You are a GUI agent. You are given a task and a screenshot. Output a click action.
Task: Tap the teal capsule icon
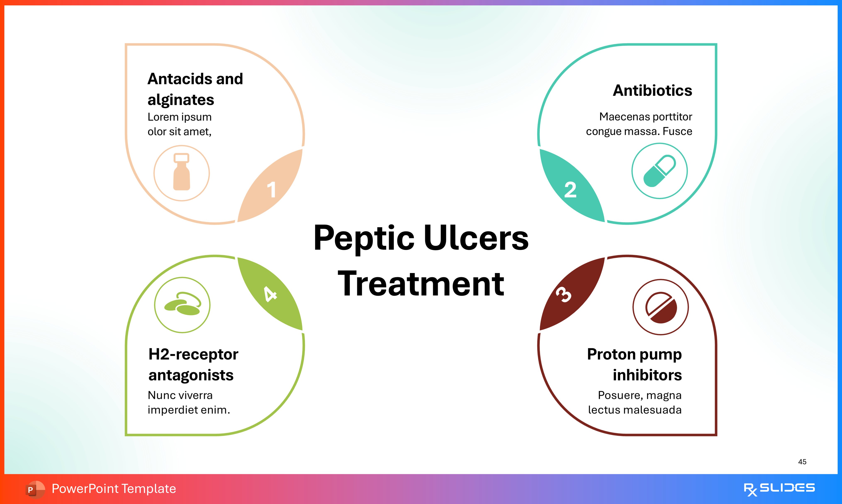click(x=659, y=171)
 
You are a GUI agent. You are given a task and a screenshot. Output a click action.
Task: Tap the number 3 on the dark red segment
click(x=564, y=294)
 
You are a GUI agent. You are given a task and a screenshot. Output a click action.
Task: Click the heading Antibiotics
click(x=652, y=91)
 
